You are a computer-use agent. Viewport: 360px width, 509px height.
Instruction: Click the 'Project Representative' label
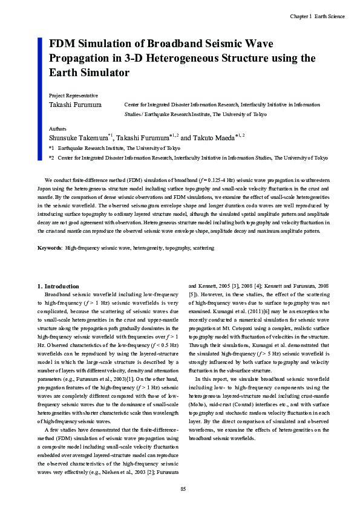tap(73, 96)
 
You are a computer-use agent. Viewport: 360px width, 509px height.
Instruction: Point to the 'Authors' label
tap(58, 129)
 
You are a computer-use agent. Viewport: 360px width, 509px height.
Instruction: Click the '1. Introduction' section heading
tap(58, 286)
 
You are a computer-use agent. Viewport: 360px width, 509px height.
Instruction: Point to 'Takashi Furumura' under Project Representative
tap(74, 105)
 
